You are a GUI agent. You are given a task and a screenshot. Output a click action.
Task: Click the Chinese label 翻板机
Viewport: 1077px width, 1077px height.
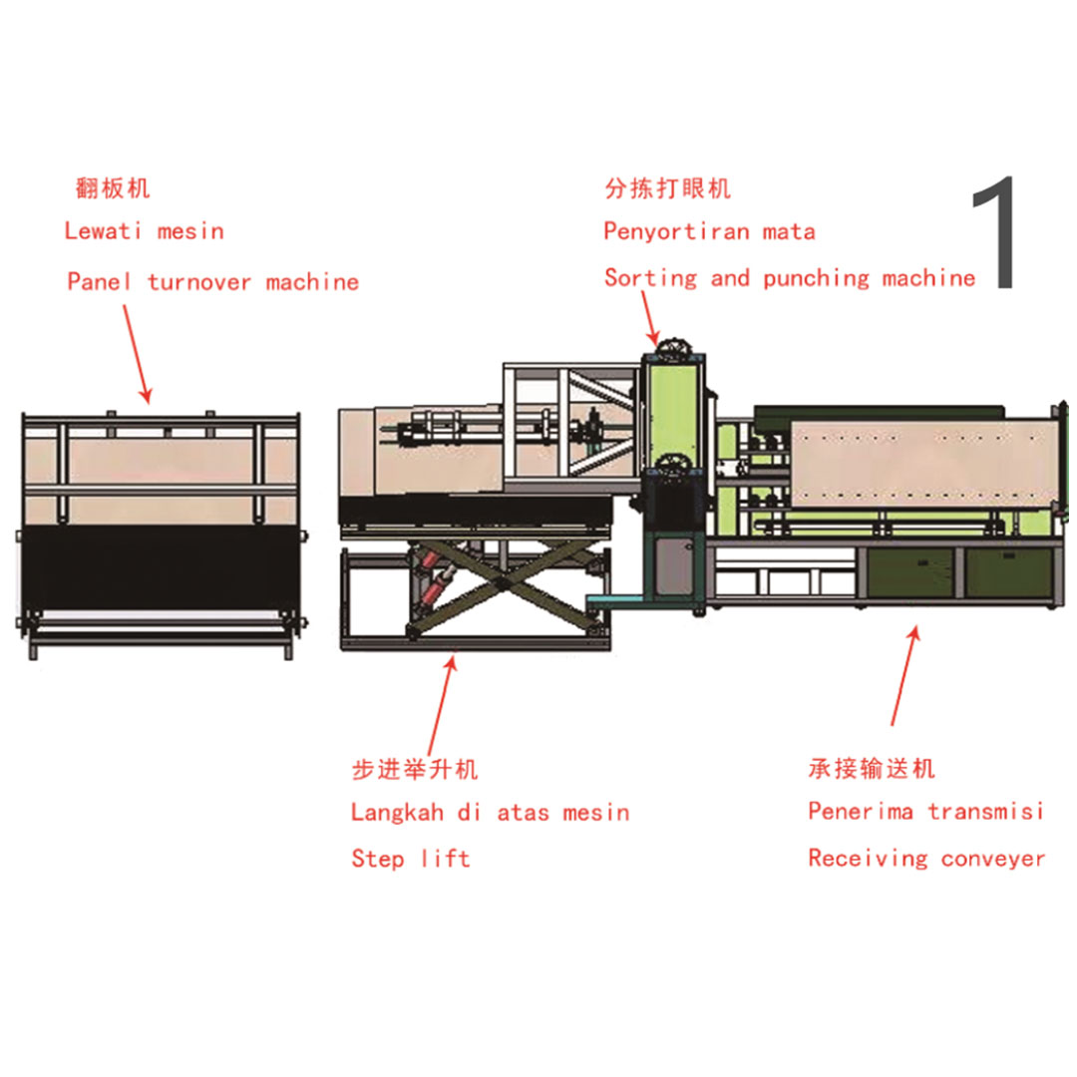tap(113, 187)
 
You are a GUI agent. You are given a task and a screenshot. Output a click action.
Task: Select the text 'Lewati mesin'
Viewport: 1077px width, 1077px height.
tap(144, 231)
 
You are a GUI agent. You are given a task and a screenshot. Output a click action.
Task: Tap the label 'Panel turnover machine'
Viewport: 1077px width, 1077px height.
tap(212, 282)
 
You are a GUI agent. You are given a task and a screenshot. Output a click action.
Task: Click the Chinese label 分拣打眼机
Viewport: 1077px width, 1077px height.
tap(667, 187)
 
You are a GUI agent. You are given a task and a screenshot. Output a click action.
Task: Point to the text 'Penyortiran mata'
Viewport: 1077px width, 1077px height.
tap(709, 232)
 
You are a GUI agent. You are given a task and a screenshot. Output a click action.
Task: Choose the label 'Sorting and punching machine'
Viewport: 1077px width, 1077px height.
tap(789, 278)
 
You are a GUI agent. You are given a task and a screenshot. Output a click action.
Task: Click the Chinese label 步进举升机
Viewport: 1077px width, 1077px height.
tap(415, 769)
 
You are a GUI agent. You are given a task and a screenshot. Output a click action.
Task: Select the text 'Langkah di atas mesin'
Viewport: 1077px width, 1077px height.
tap(490, 813)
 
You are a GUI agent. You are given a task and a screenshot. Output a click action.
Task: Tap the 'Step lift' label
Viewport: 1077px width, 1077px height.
tap(410, 859)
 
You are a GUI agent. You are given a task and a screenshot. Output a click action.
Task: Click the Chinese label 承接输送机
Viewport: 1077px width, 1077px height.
tap(872, 768)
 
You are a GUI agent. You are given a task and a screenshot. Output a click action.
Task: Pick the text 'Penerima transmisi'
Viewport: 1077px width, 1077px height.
tap(925, 811)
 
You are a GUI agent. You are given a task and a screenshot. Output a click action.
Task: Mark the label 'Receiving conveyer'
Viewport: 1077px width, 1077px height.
tap(926, 859)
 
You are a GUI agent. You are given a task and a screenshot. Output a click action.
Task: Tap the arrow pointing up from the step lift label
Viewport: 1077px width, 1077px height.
tap(442, 702)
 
